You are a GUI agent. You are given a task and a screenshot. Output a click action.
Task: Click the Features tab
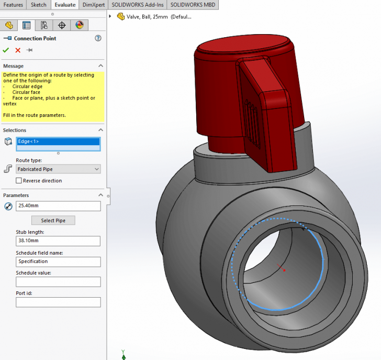tap(13, 5)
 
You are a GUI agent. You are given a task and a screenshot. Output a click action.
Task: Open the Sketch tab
tap(38, 5)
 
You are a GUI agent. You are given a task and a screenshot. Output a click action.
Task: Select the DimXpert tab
tap(93, 5)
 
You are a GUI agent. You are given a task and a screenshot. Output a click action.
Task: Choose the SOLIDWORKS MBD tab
tap(189, 5)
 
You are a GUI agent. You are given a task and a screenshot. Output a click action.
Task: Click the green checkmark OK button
tap(6, 50)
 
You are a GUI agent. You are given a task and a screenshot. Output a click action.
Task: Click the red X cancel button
tap(18, 50)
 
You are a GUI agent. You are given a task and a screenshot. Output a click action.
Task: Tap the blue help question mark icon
tap(98, 38)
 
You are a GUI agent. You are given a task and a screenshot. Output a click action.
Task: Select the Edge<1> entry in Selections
tap(58, 141)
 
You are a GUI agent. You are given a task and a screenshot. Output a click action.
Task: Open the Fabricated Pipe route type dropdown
tap(58, 169)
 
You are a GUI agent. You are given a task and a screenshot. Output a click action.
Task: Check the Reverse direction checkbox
tap(19, 181)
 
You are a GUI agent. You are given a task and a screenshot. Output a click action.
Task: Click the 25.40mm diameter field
tap(58, 206)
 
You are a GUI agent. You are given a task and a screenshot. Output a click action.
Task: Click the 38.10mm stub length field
tap(58, 241)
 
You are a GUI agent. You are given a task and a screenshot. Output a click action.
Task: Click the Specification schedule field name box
tap(58, 261)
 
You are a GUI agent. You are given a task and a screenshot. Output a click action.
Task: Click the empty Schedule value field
tap(58, 282)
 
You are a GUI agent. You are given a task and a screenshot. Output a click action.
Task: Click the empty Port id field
tap(58, 302)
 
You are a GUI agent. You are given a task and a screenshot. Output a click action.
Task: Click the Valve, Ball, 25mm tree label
tap(159, 16)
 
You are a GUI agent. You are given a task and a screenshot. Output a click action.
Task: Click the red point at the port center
tap(284, 270)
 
